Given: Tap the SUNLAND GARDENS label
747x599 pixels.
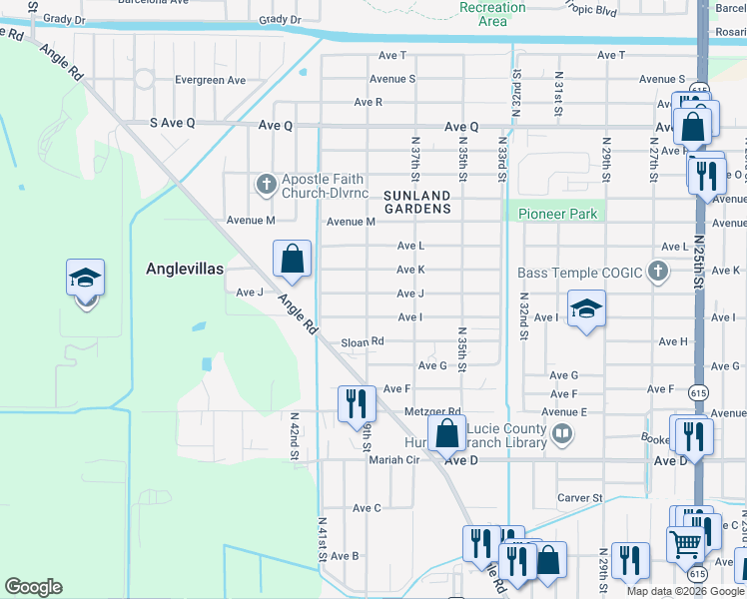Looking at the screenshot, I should [x=415, y=202].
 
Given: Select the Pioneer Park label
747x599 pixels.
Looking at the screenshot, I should [x=557, y=214].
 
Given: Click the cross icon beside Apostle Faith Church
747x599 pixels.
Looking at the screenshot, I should [x=266, y=184].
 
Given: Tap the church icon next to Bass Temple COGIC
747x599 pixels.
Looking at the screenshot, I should [x=657, y=272].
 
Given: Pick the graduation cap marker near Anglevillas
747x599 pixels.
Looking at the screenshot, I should [x=86, y=281].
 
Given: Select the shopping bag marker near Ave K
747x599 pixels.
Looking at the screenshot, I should [x=292, y=260].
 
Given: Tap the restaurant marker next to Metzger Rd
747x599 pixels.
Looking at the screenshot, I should [x=357, y=405].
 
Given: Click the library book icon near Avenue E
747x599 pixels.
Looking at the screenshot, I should [x=562, y=433].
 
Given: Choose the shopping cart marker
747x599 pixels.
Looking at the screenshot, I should [x=686, y=546].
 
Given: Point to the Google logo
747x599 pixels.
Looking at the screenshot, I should [x=34, y=587].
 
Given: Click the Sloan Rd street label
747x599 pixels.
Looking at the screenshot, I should [x=363, y=341].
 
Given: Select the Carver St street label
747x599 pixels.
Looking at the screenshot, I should [x=580, y=497].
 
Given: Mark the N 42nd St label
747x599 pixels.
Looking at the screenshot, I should [x=295, y=437].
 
